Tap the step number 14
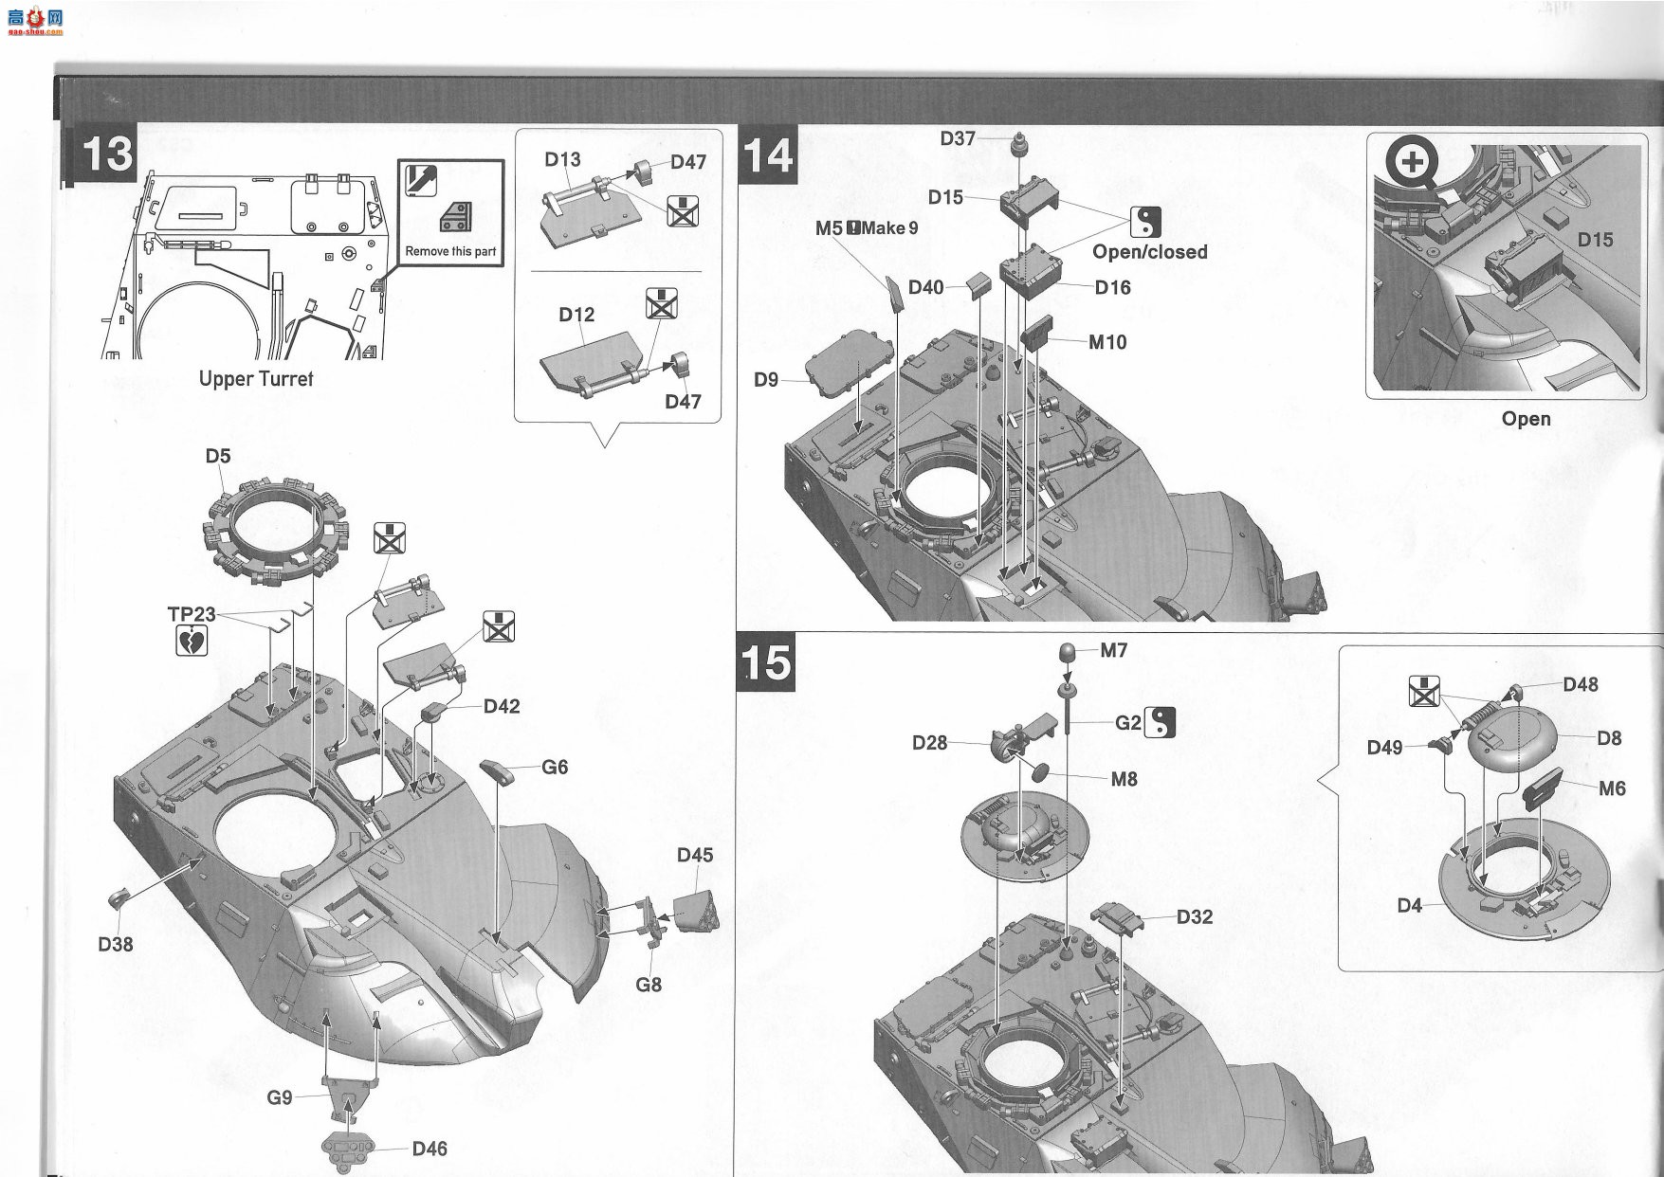click(766, 154)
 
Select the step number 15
click(764, 662)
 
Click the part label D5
click(218, 456)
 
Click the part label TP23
click(192, 614)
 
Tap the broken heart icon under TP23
click(192, 642)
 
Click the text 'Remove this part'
click(450, 251)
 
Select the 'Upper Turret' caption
click(256, 378)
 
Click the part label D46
click(430, 1149)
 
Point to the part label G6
click(555, 767)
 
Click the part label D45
click(695, 855)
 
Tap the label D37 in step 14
click(958, 138)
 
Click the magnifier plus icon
click(1413, 161)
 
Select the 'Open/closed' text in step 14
click(1150, 252)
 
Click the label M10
click(1107, 342)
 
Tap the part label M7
click(1114, 650)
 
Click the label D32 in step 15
click(1195, 916)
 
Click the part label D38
click(116, 944)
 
